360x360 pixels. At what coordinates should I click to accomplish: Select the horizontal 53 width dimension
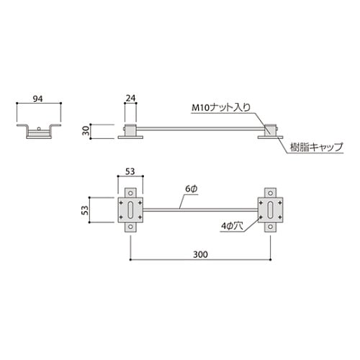coord(130,172)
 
